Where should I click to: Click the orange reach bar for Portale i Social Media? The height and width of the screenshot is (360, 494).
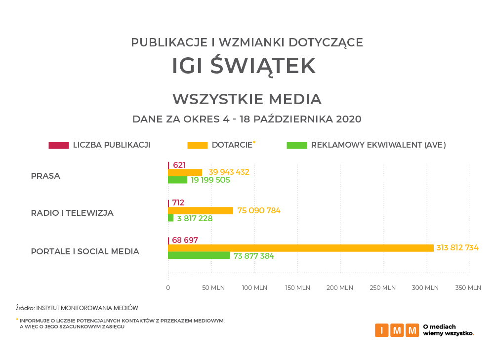coord(300,248)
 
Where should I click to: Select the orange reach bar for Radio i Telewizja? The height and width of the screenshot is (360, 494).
coord(201,210)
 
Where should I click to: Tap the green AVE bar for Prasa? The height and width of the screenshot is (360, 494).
coord(177,180)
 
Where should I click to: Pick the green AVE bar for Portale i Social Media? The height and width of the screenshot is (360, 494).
coord(199,255)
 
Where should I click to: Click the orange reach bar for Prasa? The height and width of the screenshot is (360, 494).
coord(185,172)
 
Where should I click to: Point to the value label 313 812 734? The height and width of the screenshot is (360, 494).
coord(457,248)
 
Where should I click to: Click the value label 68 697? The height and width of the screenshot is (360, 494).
coord(185,240)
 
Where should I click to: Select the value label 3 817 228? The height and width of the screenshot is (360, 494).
coord(195,218)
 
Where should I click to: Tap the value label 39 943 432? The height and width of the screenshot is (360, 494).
coord(229,172)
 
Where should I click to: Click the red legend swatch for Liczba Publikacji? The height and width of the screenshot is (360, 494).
coord(58,145)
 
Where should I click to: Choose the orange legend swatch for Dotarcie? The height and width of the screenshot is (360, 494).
coord(197,145)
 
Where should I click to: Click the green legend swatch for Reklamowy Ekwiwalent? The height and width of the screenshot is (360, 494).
coord(296,145)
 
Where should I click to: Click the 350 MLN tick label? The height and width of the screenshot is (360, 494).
coord(469,288)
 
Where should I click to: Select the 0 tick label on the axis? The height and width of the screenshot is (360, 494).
coord(168,288)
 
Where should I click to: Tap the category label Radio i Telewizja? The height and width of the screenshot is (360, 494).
coord(72,213)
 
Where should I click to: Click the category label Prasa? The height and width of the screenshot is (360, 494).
coord(45,176)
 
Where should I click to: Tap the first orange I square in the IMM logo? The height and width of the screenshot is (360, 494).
coord(382,330)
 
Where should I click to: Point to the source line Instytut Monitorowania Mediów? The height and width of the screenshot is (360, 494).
coord(87,308)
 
